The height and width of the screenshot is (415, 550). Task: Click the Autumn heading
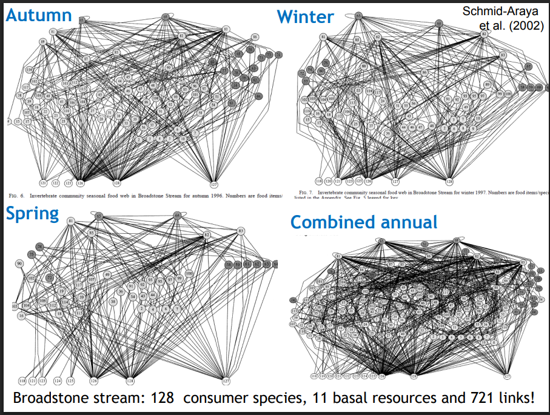(x=39, y=15)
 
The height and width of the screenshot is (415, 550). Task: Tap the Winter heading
(x=305, y=16)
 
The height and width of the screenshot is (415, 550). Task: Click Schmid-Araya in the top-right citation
(x=500, y=12)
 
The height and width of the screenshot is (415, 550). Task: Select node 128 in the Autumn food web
(x=116, y=182)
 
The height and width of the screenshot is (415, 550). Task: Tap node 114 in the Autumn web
(x=29, y=71)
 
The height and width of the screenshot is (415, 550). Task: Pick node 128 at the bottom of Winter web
(x=449, y=181)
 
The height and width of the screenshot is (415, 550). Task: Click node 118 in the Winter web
(x=319, y=181)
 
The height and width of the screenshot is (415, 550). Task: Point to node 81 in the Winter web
(x=323, y=37)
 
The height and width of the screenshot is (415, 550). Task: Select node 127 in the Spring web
(x=226, y=381)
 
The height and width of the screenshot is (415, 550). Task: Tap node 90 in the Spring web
(x=19, y=264)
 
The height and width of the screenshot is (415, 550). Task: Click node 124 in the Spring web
(x=57, y=381)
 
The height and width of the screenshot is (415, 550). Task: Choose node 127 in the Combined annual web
(x=506, y=376)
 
